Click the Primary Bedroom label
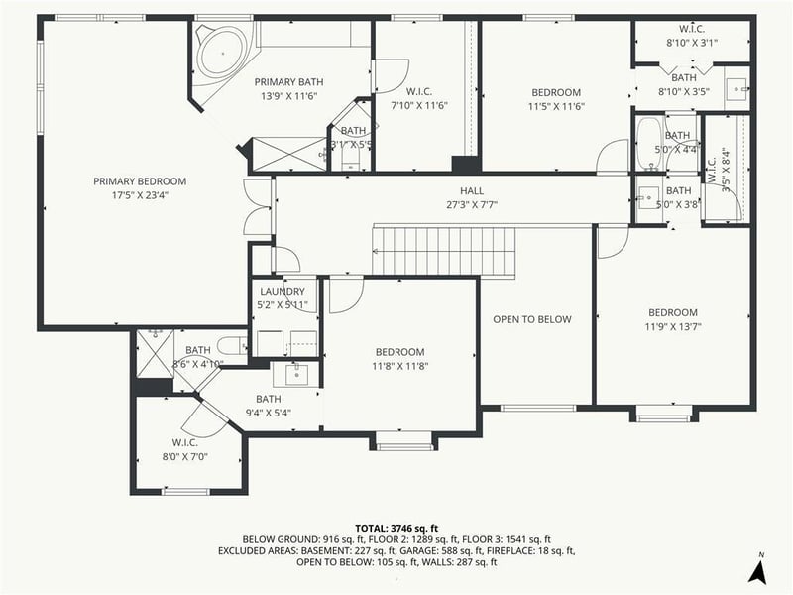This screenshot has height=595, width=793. point(140,181)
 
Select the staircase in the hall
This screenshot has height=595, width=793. point(444,251)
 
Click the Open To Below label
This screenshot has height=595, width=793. point(533,319)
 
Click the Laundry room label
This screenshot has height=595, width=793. point(283,292)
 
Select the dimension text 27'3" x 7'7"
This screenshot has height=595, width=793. point(472,205)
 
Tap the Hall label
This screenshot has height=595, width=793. point(472,191)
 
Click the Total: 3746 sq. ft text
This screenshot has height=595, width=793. point(396,528)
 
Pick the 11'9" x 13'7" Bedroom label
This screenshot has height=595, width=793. point(672,312)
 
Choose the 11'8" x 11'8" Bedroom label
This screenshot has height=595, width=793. point(399,352)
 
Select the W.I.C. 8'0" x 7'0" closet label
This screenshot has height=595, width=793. point(185,442)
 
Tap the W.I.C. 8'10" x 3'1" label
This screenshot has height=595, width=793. point(691,29)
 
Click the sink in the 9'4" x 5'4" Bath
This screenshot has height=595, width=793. point(296,374)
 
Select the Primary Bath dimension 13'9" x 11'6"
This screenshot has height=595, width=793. point(288,96)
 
